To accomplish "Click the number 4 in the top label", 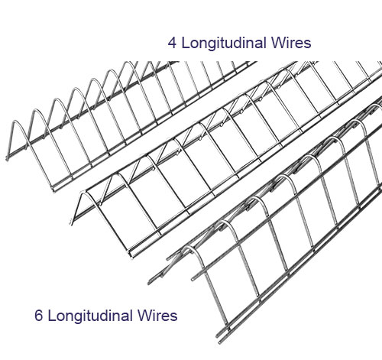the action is tap(172, 43).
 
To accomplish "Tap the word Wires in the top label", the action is tap(291, 43).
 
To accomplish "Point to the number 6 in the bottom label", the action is tap(38, 315).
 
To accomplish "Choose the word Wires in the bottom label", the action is tap(157, 315).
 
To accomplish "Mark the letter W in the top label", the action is tap(278, 43).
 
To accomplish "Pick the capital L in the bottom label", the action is tap(51, 316).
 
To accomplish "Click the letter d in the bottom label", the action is tap(108, 315).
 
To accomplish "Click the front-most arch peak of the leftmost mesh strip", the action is tap(15, 122).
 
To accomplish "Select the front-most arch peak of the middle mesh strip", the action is tap(86, 193).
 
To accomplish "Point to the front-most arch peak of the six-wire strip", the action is tap(189, 247).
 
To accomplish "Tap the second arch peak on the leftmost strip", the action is tap(37, 110).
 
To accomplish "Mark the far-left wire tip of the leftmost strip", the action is tap(7, 158).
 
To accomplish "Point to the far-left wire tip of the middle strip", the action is tap(72, 223).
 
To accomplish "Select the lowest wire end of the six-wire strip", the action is tap(219, 341).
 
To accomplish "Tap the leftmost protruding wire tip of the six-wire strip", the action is tap(149, 282).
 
